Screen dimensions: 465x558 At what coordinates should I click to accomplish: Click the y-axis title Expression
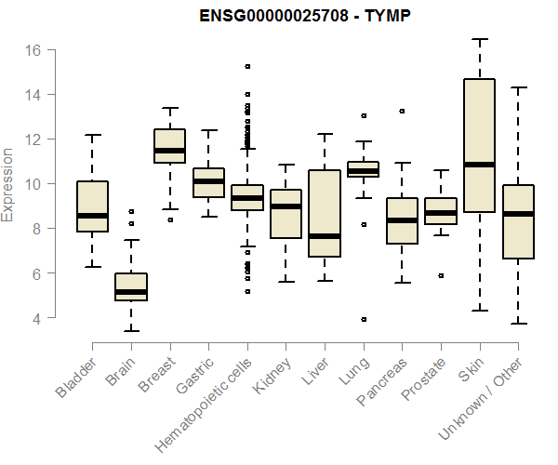pyautogui.click(x=8, y=184)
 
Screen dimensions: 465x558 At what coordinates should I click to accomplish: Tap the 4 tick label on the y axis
pyautogui.click(x=36, y=318)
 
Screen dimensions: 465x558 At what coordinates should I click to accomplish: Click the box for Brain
pyautogui.click(x=131, y=286)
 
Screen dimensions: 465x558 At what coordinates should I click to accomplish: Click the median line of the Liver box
pyautogui.click(x=325, y=236)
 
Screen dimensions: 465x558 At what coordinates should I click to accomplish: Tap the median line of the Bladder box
pyautogui.click(x=93, y=216)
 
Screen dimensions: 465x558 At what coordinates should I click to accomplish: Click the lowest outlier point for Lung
pyautogui.click(x=364, y=319)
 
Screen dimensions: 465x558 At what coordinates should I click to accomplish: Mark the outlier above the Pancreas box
pyautogui.click(x=402, y=111)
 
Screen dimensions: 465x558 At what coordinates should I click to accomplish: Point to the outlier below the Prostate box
pyautogui.click(x=441, y=275)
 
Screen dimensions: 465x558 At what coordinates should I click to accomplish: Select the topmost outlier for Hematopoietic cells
pyautogui.click(x=247, y=66)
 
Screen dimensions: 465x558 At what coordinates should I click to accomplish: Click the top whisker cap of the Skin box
pyautogui.click(x=479, y=40)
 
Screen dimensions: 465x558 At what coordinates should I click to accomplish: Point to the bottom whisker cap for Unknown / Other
pyautogui.click(x=518, y=324)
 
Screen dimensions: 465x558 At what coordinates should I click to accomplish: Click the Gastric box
pyautogui.click(x=208, y=182)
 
